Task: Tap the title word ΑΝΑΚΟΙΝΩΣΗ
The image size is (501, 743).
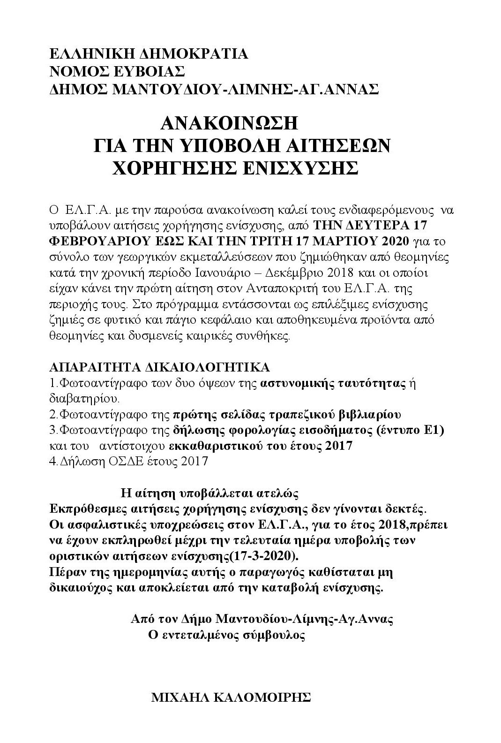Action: pyautogui.click(x=229, y=124)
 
